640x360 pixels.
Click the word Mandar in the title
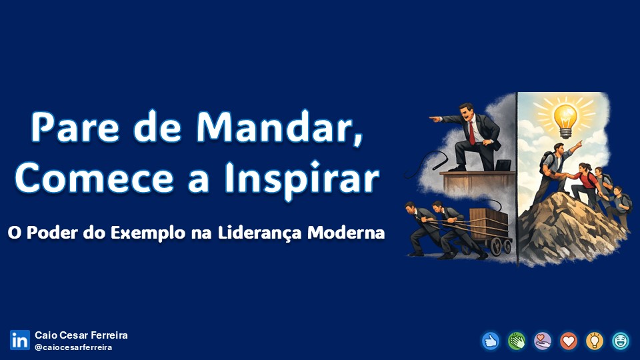tap(279, 127)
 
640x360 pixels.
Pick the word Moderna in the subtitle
tap(346, 233)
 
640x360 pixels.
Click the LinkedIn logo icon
tap(20, 340)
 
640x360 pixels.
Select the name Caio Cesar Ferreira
tap(81, 335)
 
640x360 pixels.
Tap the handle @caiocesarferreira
tap(73, 347)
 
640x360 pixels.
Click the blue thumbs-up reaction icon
tap(491, 341)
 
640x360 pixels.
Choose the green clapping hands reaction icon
tap(517, 341)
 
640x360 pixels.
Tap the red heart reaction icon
tap(569, 341)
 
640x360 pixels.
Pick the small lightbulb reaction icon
tap(595, 341)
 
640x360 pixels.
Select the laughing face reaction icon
tap(621, 341)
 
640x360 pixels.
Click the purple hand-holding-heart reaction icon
tap(543, 341)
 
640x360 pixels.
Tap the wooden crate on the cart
tap(488, 224)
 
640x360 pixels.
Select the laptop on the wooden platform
tap(503, 165)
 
